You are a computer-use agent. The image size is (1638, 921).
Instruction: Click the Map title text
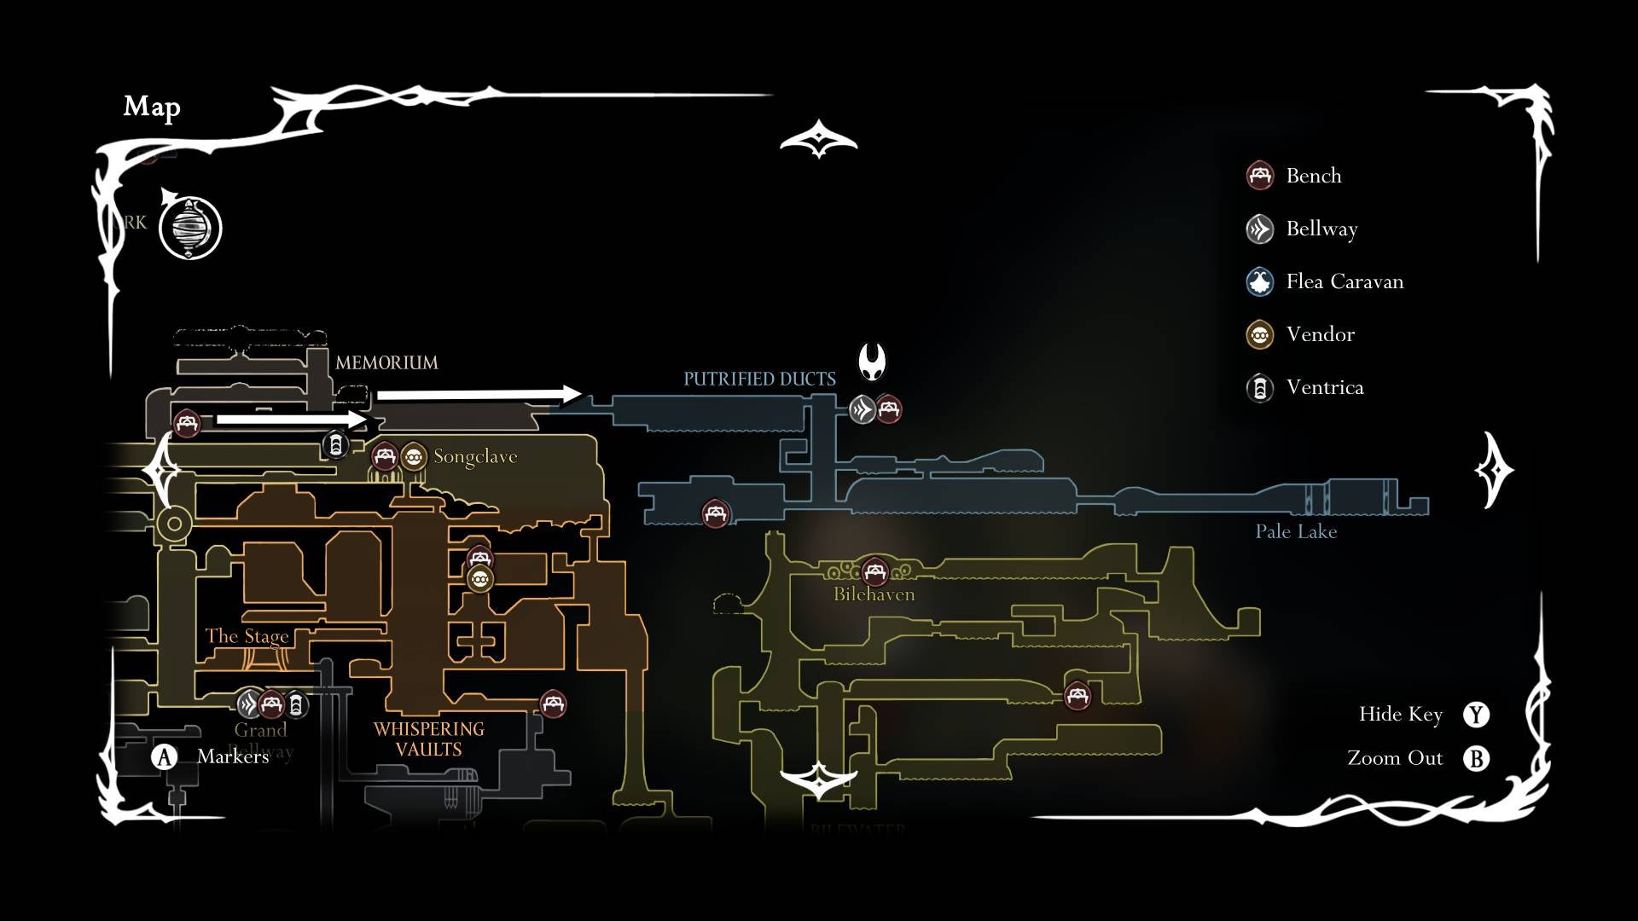pos(152,107)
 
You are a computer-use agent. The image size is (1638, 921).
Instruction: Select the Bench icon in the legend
pos(1260,176)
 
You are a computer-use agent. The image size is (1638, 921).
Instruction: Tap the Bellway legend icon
pos(1260,229)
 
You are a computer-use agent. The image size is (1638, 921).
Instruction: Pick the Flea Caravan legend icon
pos(1260,281)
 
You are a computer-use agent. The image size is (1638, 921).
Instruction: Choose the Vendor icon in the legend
pos(1260,334)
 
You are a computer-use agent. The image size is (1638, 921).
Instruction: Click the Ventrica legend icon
pos(1260,388)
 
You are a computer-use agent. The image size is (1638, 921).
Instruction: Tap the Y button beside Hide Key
pos(1476,715)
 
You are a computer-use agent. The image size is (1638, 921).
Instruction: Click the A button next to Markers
pos(165,756)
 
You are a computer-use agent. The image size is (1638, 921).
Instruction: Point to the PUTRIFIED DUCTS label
pos(759,379)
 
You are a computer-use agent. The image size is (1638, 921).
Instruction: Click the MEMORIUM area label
pos(386,362)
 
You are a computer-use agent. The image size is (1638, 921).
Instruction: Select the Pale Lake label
pos(1296,531)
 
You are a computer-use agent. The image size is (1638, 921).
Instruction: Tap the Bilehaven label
pos(874,594)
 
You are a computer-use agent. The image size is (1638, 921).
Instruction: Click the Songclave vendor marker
pos(414,457)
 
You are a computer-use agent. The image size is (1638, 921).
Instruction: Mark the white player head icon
pos(872,362)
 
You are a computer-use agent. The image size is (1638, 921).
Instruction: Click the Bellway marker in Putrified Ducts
pos(863,410)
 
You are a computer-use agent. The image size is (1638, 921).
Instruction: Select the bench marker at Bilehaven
pos(874,571)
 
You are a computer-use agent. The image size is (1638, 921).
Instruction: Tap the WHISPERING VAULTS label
pos(428,739)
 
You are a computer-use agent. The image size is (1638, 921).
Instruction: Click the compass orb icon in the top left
pos(190,229)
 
